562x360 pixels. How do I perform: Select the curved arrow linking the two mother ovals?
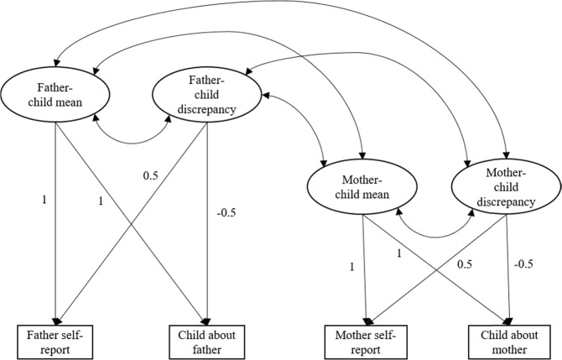click(436, 231)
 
